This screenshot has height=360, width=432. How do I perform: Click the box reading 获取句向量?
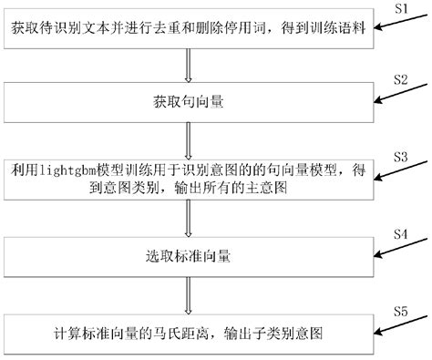(x=188, y=100)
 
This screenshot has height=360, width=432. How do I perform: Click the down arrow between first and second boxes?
(x=188, y=67)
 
